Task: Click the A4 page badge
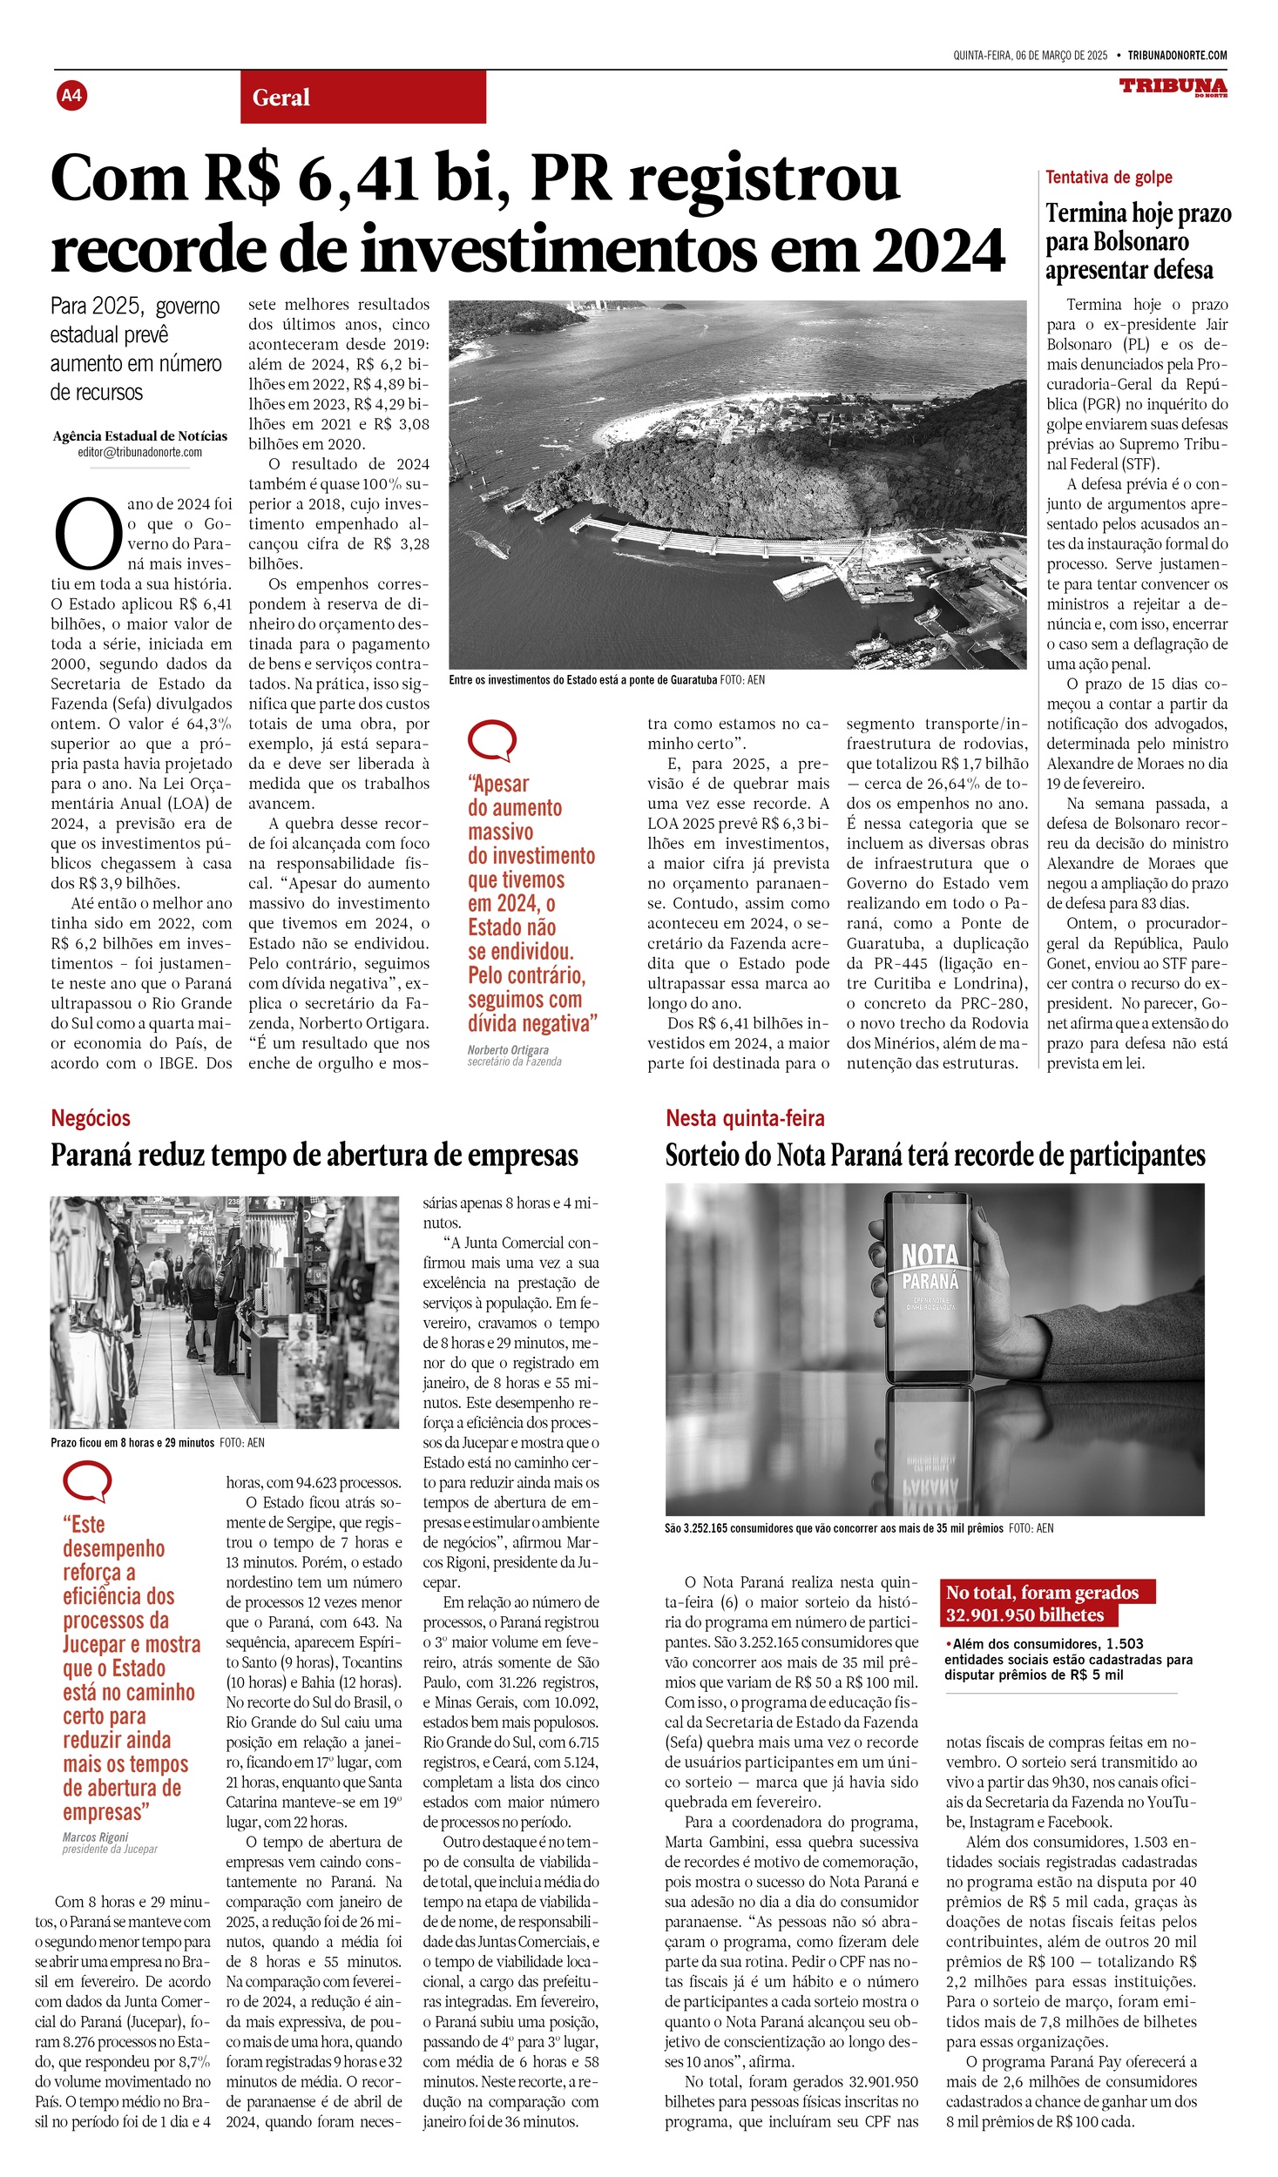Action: coord(71,95)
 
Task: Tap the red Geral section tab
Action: coord(362,97)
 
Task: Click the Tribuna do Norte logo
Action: coord(1173,87)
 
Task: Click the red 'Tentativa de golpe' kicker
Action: coord(1108,178)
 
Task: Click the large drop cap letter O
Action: coord(87,533)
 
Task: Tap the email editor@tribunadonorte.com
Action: coord(139,453)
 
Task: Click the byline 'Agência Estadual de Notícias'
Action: coord(139,436)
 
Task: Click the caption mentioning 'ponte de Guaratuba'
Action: coord(606,680)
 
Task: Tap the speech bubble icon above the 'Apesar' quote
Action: coord(491,741)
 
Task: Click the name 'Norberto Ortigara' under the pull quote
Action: coord(508,1050)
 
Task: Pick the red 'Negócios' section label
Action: coord(91,1118)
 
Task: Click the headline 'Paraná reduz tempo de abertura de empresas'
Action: coord(314,1156)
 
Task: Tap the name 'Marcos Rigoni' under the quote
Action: coord(95,2001)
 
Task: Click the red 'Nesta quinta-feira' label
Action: coord(745,1118)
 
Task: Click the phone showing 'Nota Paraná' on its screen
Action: coord(928,1288)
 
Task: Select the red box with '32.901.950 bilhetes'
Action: coord(1045,1603)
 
